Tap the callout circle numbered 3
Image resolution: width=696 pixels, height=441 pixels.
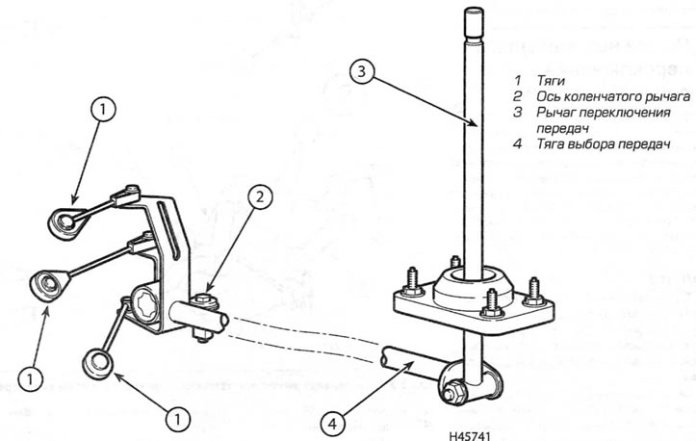[357, 70]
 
